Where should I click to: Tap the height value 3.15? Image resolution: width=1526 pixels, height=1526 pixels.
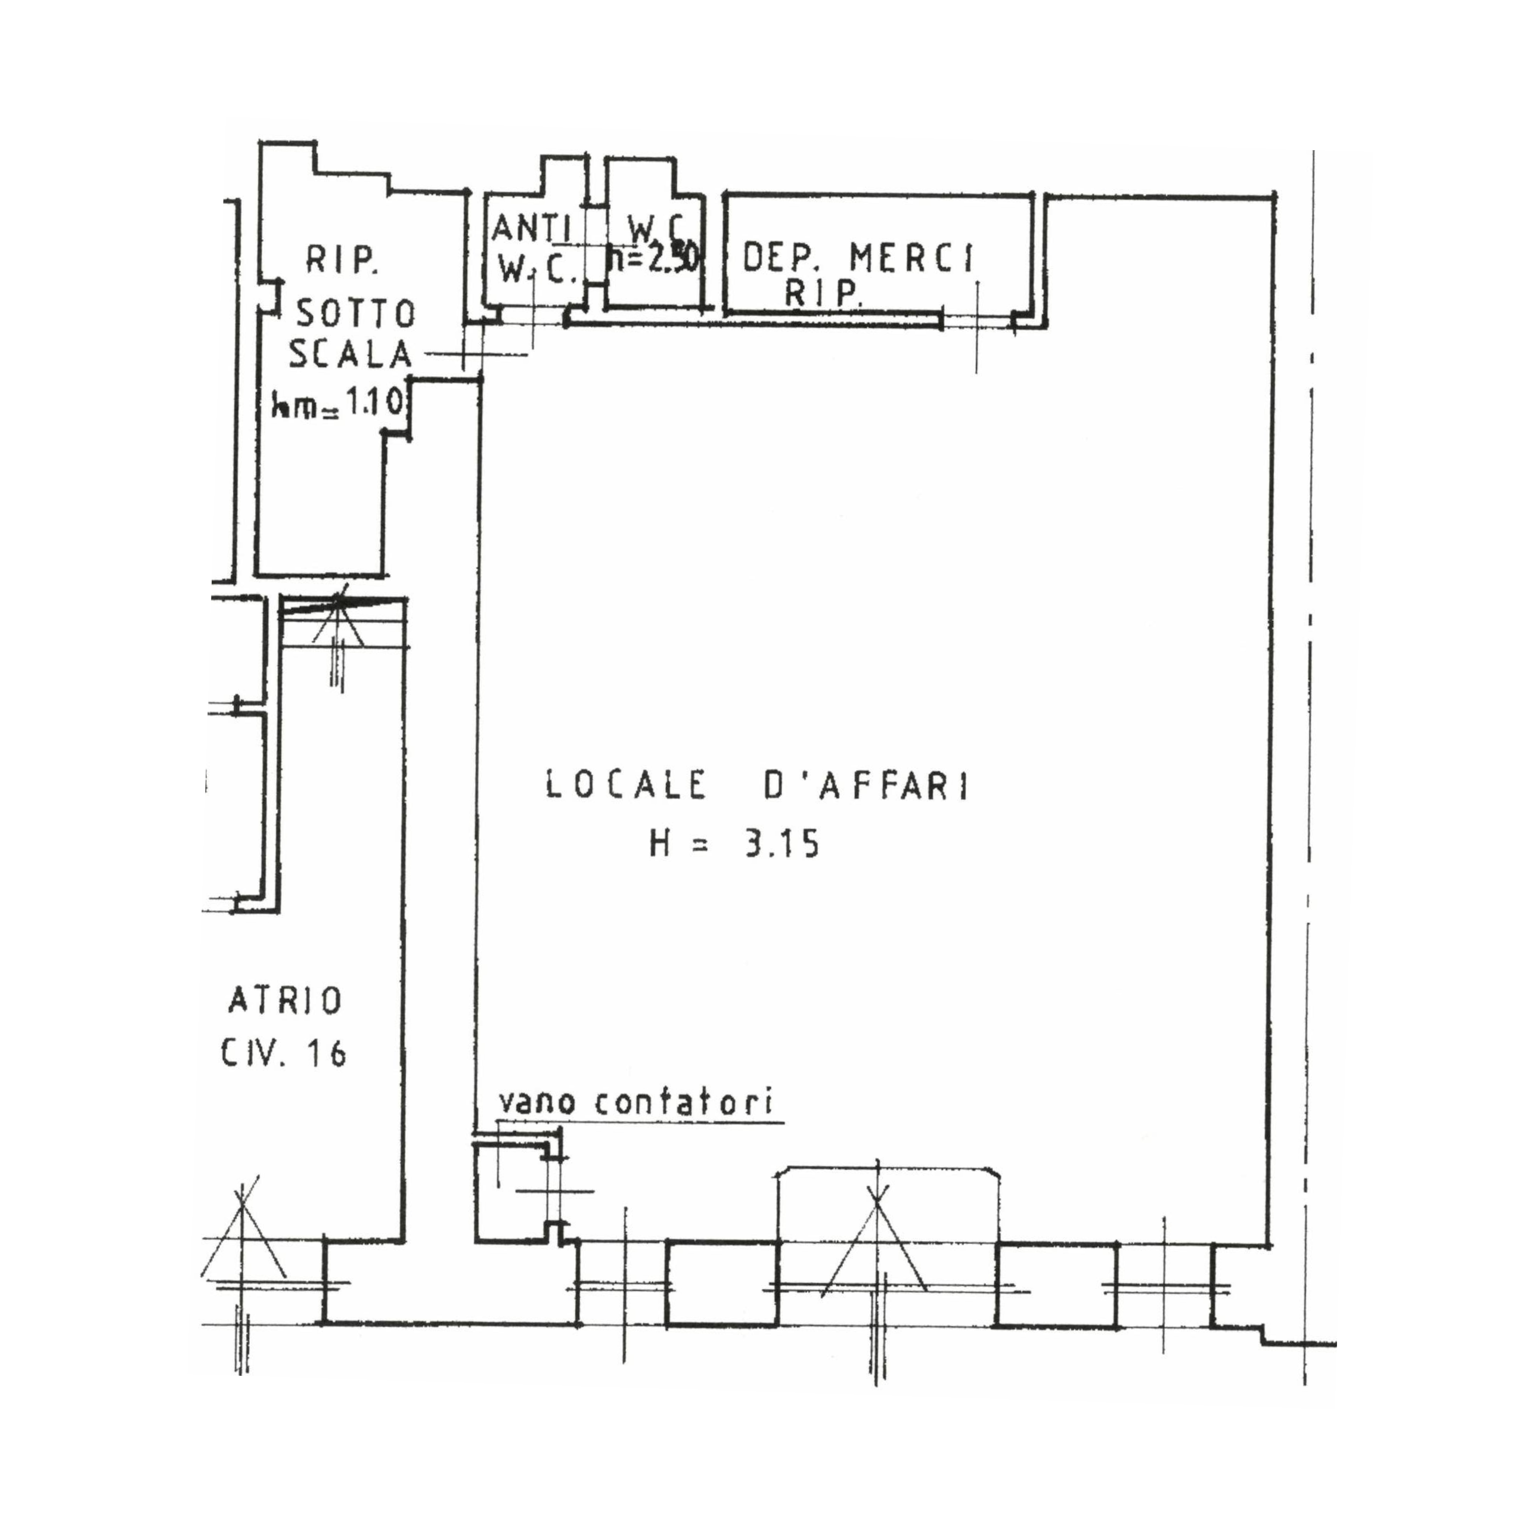pyautogui.click(x=780, y=846)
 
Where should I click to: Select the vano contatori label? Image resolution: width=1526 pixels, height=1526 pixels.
pyautogui.click(x=637, y=1103)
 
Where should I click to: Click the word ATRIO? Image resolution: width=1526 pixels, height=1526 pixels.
pyautogui.click(x=285, y=1001)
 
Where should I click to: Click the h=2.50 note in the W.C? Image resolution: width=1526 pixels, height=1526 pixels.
pyautogui.click(x=654, y=258)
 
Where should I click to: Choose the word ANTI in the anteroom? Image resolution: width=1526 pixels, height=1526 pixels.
pyautogui.click(x=531, y=229)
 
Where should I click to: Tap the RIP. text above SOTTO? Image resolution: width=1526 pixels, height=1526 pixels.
pyautogui.click(x=340, y=260)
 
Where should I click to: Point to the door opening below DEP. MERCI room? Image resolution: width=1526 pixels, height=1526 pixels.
pyautogui.click(x=977, y=320)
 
